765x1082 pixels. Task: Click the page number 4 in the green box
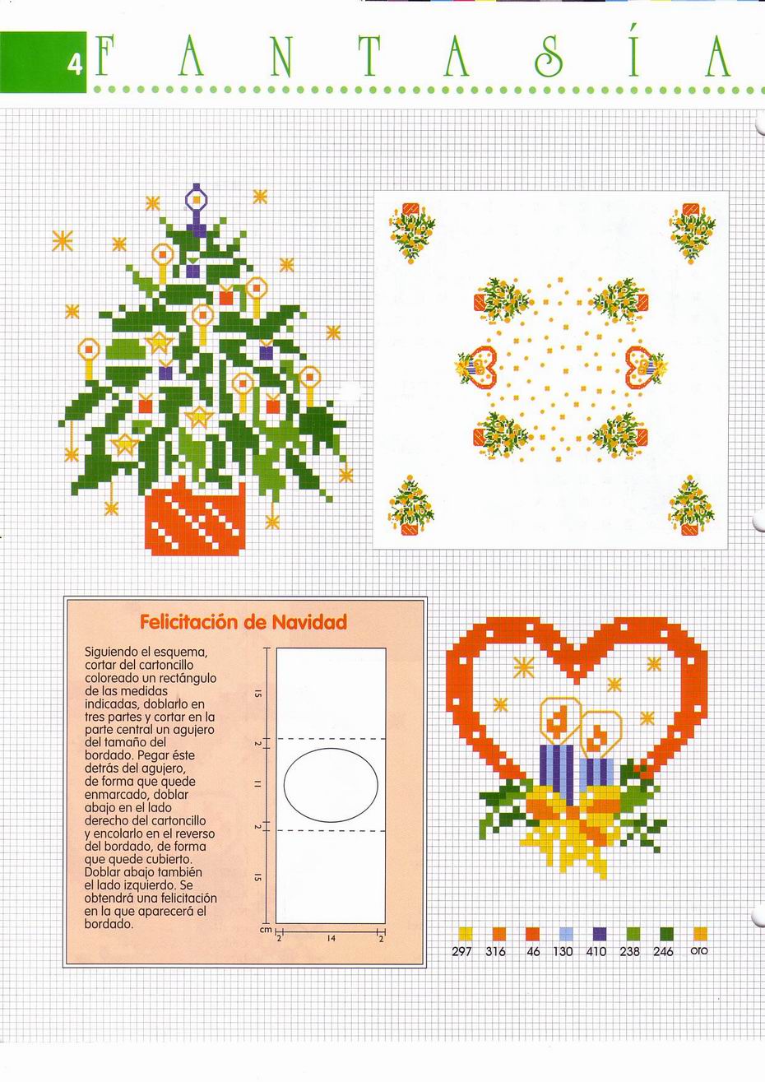click(76, 64)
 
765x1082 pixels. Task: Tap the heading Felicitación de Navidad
click(243, 622)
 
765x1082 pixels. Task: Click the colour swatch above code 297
click(465, 933)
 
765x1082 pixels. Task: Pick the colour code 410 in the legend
click(596, 952)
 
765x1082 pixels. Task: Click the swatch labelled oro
click(700, 933)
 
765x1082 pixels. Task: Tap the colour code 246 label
click(663, 952)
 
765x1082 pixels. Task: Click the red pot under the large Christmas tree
click(195, 518)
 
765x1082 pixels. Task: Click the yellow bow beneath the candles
click(571, 831)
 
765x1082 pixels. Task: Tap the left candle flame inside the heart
click(559, 720)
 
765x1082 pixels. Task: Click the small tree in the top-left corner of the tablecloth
click(410, 231)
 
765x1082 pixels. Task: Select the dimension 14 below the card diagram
click(331, 937)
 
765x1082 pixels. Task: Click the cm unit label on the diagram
click(266, 930)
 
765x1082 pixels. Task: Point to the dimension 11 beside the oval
click(258, 784)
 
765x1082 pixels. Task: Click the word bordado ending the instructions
click(109, 924)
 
